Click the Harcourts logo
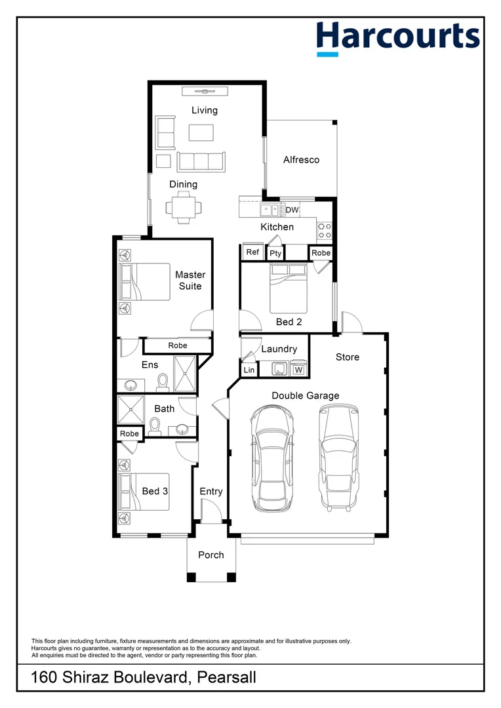(397, 38)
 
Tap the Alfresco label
(302, 160)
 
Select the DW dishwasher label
(292, 210)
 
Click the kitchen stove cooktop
(325, 231)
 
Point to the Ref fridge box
(252, 252)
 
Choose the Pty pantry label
(275, 253)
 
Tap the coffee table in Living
(201, 132)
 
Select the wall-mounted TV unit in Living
(205, 91)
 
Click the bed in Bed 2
(289, 288)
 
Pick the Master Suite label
(190, 281)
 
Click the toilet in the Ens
(162, 383)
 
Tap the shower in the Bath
(130, 410)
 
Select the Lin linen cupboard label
(249, 370)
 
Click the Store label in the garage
(348, 357)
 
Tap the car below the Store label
(339, 458)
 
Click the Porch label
(211, 555)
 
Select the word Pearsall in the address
(226, 677)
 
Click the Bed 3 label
(155, 491)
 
